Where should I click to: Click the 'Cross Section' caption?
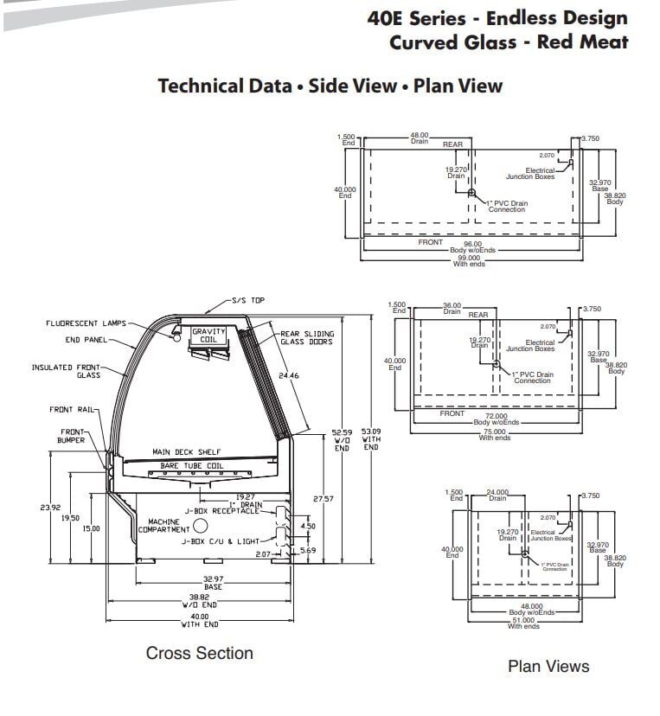pos(199,653)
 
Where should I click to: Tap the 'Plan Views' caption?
pos(548,666)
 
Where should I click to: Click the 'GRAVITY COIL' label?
pos(208,336)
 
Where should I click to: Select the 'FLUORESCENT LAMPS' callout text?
pos(86,323)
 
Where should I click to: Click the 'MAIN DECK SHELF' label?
pos(186,452)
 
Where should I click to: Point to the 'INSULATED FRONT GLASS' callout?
pos(66,371)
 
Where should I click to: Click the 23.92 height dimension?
pos(50,508)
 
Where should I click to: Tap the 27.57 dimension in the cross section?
pos(324,499)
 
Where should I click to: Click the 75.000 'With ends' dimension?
pos(495,433)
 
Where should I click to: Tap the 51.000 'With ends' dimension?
pos(523,622)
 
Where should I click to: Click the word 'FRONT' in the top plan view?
pos(430,243)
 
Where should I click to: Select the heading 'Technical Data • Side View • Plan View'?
pos(330,86)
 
